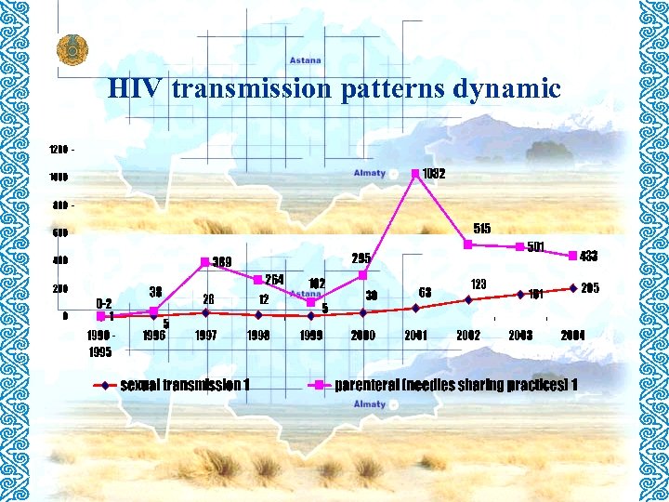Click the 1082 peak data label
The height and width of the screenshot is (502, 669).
click(x=433, y=174)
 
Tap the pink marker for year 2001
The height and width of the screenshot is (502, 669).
click(x=416, y=172)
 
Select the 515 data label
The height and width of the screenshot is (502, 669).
click(x=481, y=228)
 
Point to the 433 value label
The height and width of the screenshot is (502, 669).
click(x=589, y=256)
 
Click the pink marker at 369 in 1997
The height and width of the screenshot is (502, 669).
click(x=205, y=261)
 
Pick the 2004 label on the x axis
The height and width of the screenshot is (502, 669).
click(x=572, y=335)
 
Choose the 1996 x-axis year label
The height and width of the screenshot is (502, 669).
click(x=153, y=335)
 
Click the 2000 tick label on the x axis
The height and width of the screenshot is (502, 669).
click(x=363, y=335)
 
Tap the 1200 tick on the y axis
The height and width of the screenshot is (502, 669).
click(x=60, y=149)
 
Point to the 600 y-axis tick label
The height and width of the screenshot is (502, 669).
click(x=59, y=232)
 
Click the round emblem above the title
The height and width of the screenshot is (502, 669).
click(x=69, y=48)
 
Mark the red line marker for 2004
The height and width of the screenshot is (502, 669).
click(x=573, y=287)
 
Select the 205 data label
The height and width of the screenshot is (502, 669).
click(x=590, y=289)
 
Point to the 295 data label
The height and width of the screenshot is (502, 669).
click(x=361, y=258)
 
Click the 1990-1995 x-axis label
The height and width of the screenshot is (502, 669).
click(x=101, y=342)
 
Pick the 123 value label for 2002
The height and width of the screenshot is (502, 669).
click(x=479, y=283)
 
